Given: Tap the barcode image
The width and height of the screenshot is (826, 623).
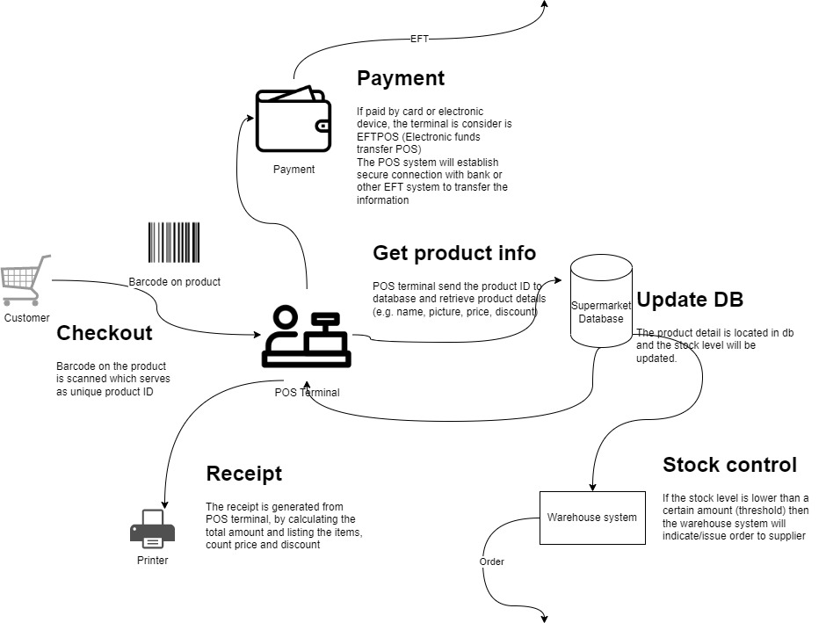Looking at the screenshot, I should click(174, 243).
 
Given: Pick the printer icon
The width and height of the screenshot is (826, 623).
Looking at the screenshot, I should click(152, 529).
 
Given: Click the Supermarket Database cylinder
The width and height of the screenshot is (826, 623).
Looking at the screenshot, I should click(600, 301).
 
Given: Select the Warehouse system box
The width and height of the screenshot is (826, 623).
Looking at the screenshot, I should click(591, 517).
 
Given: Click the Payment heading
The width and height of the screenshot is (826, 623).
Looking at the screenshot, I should click(400, 78).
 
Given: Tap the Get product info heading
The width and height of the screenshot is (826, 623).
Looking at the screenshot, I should click(453, 253).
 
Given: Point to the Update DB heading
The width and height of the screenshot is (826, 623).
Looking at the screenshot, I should click(690, 300).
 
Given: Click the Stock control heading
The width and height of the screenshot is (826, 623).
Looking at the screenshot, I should click(729, 465).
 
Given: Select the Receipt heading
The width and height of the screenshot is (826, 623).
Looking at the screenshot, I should click(243, 474).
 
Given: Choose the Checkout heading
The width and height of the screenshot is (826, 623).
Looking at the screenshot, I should click(104, 333).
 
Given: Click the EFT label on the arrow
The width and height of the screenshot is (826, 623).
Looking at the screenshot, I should click(420, 39).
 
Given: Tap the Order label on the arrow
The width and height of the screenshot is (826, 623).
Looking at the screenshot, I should click(492, 561).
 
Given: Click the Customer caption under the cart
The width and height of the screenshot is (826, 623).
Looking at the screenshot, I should click(26, 318).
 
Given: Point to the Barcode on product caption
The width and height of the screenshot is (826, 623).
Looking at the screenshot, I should click(174, 282).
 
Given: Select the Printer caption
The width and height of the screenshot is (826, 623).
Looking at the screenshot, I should click(152, 560).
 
